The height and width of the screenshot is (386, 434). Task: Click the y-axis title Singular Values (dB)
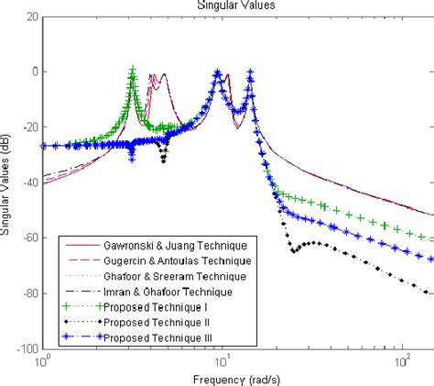pos(7,183)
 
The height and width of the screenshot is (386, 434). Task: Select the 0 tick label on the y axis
pos(33,72)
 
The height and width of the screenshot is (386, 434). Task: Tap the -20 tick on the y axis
pos(28,127)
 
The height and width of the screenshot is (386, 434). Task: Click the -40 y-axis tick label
pos(28,183)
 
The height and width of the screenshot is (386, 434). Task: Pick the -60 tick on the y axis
pos(28,238)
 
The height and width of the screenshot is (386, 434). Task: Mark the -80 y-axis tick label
pos(28,294)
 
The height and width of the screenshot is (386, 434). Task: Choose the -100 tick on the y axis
pos(27,349)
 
